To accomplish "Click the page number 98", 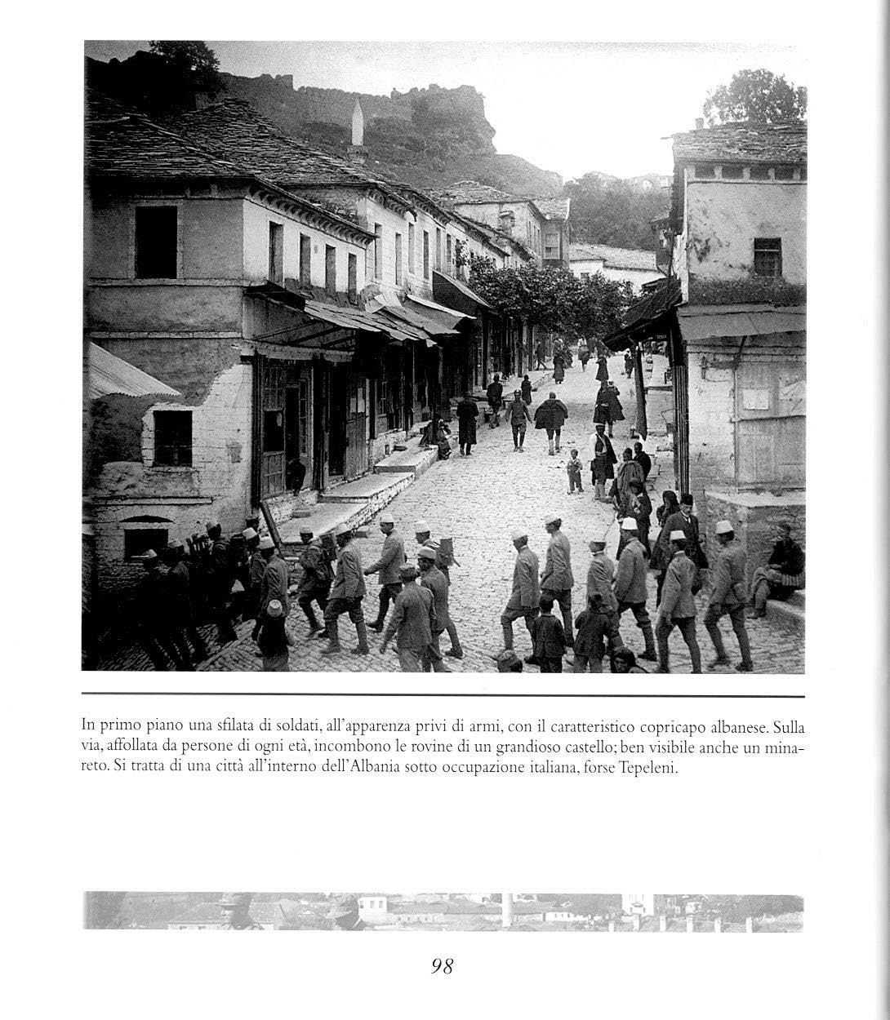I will (442, 966).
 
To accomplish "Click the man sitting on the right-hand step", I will (780, 568).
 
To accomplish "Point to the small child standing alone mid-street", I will (575, 472).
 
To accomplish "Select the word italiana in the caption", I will (563, 769).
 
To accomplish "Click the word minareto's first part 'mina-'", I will (785, 747).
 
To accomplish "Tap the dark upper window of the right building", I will (767, 257).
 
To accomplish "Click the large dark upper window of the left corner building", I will (155, 242).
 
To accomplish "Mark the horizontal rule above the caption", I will (443, 696).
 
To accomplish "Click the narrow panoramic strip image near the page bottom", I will (443, 911).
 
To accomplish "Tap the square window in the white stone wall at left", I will (172, 437).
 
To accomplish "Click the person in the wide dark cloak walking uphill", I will (551, 417).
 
